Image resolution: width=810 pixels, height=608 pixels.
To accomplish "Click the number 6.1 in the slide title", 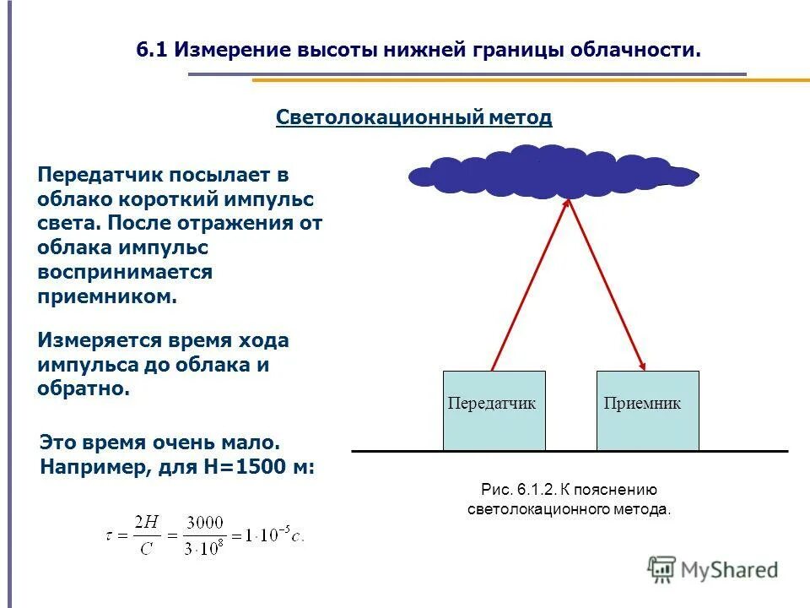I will (x=153, y=50).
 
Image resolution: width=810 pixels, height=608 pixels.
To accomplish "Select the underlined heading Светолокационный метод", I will (x=413, y=117).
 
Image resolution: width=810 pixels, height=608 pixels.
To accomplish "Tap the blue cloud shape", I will (x=553, y=173).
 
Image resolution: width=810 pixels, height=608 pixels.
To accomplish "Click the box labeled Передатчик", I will (x=494, y=411).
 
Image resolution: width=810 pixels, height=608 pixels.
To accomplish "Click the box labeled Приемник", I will (x=647, y=411).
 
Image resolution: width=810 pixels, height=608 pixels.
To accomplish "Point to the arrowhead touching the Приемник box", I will (x=643, y=366).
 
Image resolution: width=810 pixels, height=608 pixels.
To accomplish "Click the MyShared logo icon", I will (x=661, y=570).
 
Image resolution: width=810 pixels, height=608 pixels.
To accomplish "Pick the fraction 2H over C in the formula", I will (x=145, y=535).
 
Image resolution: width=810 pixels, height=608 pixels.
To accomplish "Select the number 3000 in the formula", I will (x=202, y=524).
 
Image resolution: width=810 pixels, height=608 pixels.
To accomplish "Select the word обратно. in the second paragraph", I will (x=84, y=388).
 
